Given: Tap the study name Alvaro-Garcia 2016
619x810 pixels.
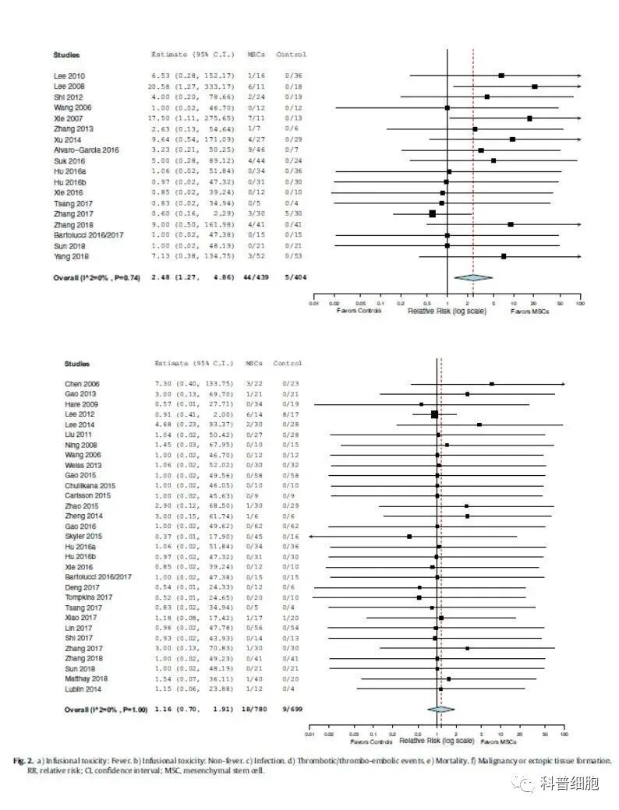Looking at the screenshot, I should pos(87,150).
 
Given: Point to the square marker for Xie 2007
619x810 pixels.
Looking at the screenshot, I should pos(529,118).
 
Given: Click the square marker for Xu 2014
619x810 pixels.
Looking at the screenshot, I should pos(512,139).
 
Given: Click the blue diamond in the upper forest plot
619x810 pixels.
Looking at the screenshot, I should pos(473,277).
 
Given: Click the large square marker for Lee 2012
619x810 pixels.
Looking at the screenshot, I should pos(434,415).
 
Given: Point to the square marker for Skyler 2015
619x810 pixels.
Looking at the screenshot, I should pos(409,537).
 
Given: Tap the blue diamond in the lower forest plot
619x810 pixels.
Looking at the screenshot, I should pos(440,709).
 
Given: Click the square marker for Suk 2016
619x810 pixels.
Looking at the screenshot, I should pos(493,160).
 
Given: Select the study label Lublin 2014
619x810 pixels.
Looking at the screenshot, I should pos(82,688).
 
